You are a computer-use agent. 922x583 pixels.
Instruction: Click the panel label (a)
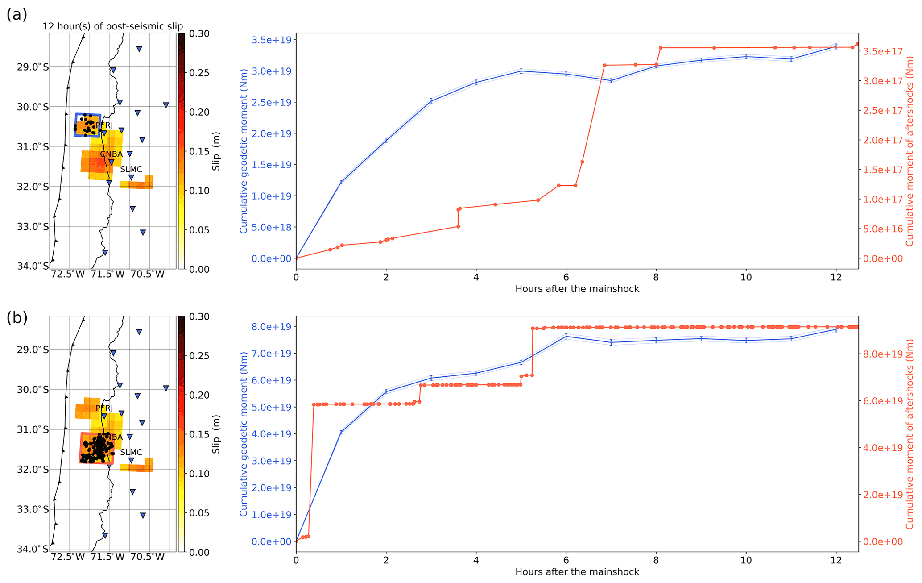(x=17, y=15)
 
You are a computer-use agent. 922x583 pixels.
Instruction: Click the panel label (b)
(x=17, y=318)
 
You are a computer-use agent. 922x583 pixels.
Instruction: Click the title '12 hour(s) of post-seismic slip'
(x=113, y=26)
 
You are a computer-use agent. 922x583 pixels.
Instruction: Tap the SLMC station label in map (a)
(x=131, y=169)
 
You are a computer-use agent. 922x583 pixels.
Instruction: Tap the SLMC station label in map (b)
(x=131, y=452)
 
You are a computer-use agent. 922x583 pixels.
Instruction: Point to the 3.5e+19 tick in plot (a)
(x=271, y=40)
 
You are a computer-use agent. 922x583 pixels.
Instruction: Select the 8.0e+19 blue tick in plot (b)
(x=271, y=327)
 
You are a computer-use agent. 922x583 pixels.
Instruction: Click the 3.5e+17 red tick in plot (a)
(x=883, y=51)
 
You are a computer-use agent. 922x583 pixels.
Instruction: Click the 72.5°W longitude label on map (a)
(x=68, y=274)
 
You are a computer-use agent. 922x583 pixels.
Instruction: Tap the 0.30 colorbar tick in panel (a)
(x=199, y=34)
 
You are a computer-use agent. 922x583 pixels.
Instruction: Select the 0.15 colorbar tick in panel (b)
(x=199, y=434)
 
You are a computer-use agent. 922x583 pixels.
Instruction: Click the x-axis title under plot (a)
(x=577, y=289)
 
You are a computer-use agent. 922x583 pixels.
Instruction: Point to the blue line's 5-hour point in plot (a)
(x=521, y=71)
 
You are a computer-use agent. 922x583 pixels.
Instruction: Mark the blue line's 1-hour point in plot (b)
(x=341, y=432)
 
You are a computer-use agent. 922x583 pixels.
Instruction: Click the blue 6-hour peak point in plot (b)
(x=566, y=336)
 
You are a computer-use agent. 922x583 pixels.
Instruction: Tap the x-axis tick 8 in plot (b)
(x=656, y=560)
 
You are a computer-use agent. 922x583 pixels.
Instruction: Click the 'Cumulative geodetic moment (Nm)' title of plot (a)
(x=244, y=151)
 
